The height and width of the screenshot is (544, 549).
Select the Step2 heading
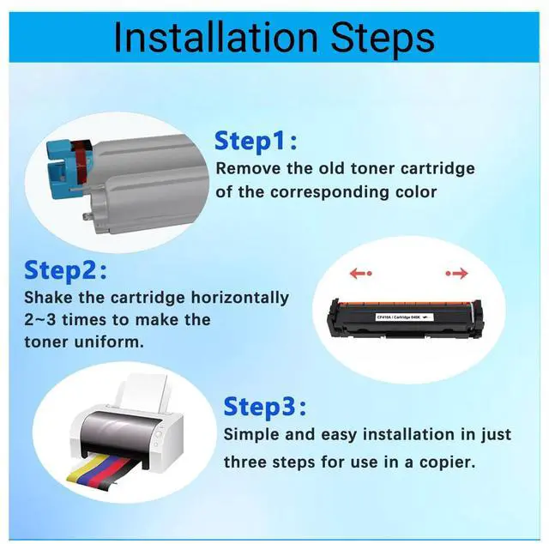tap(65, 270)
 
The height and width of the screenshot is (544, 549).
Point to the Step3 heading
tap(264, 405)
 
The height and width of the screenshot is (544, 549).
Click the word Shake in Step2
tap(49, 298)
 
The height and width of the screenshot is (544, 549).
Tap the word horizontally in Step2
tap(236, 298)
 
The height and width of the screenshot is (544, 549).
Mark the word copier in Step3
tap(444, 462)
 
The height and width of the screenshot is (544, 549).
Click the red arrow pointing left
tap(359, 274)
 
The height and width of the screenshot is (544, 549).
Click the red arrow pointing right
tap(456, 274)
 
